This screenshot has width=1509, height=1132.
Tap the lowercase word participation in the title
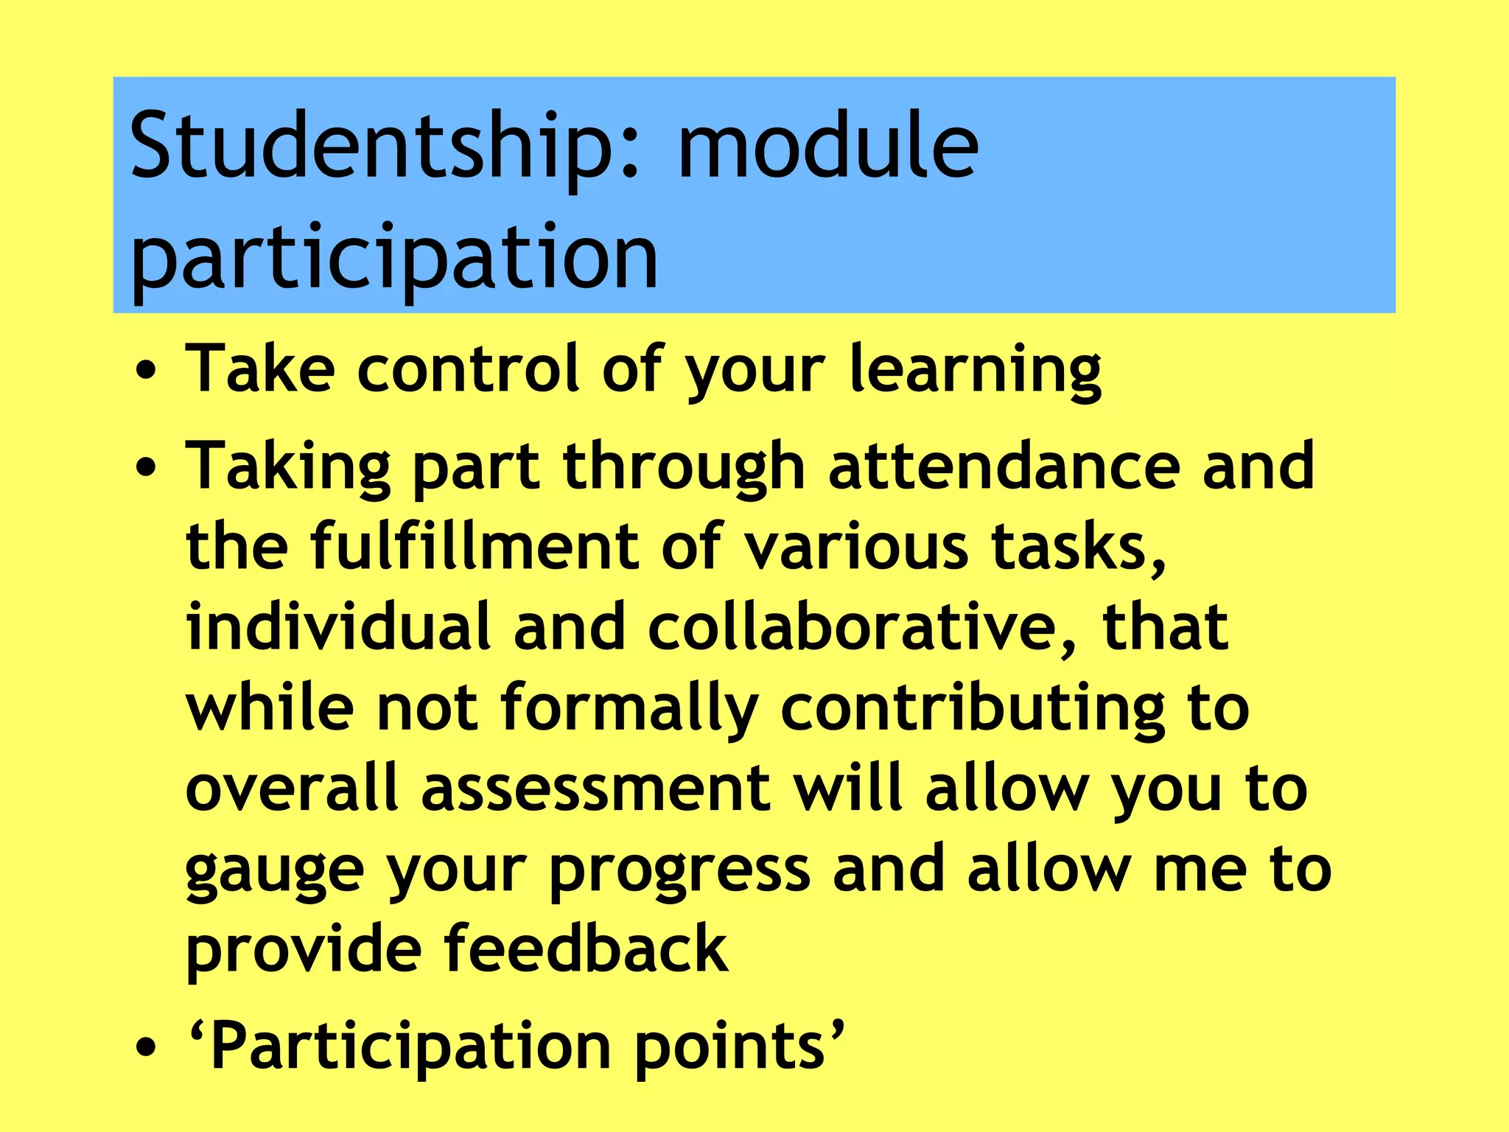click(x=394, y=258)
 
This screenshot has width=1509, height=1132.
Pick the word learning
click(x=976, y=371)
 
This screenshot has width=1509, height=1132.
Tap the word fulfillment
click(x=475, y=547)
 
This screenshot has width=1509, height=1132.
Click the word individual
click(x=338, y=627)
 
